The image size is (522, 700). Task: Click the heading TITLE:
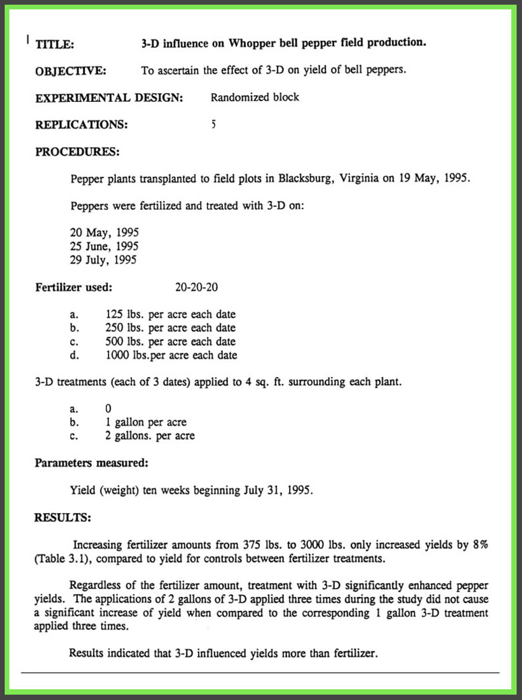(55, 45)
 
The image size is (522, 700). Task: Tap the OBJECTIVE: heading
(70, 70)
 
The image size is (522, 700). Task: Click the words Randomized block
(255, 97)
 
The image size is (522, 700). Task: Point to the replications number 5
(214, 124)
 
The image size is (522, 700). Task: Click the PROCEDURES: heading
(77, 152)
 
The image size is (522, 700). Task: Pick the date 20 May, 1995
(104, 233)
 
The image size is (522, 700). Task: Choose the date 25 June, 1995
(104, 246)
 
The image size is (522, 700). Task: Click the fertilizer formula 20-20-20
(197, 287)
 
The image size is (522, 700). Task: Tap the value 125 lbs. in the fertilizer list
(125, 314)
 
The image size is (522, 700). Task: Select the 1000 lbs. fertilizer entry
(128, 355)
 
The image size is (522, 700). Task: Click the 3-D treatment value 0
(108, 409)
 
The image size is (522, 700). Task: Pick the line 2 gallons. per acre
(150, 436)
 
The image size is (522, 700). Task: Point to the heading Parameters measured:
(92, 463)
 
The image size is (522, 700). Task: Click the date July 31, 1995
(278, 490)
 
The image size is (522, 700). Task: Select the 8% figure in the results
(480, 545)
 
